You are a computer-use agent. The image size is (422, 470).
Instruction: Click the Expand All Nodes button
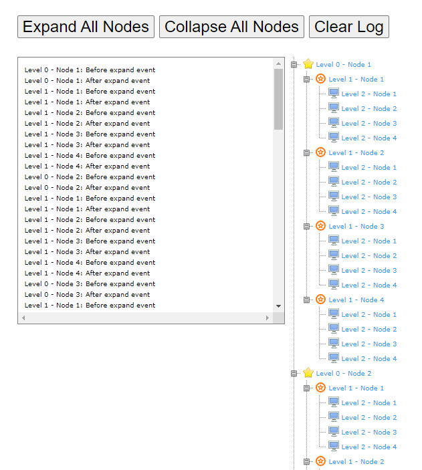pyautogui.click(x=86, y=27)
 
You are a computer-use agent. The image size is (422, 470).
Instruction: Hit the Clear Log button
pyautogui.click(x=349, y=27)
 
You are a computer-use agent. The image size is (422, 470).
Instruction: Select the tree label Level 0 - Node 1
pyautogui.click(x=344, y=64)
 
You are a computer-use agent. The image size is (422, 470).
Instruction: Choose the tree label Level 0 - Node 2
pyautogui.click(x=344, y=373)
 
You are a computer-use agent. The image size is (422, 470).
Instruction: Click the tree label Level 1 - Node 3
pyautogui.click(x=356, y=226)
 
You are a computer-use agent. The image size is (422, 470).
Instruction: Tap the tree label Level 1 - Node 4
pyautogui.click(x=356, y=300)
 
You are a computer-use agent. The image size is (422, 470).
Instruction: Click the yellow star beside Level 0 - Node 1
pyautogui.click(x=308, y=64)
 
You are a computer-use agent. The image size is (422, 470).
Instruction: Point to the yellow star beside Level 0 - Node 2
pyautogui.click(x=308, y=372)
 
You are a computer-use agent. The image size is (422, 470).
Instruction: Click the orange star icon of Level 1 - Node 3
pyautogui.click(x=320, y=226)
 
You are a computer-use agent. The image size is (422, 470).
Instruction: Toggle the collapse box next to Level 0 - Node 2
pyautogui.click(x=294, y=374)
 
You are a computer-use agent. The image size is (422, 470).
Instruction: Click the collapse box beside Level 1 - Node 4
pyautogui.click(x=306, y=300)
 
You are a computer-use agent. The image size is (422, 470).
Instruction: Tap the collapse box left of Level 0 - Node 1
pyautogui.click(x=294, y=65)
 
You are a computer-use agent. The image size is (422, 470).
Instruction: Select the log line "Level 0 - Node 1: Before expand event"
pyautogui.click(x=90, y=70)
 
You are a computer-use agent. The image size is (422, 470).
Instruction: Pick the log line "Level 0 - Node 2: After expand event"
pyautogui.click(x=87, y=188)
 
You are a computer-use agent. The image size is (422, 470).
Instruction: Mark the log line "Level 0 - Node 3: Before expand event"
pyautogui.click(x=90, y=284)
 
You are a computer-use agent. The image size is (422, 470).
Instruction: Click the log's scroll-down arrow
pyautogui.click(x=278, y=306)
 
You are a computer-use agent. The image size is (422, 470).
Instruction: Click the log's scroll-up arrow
pyautogui.click(x=278, y=64)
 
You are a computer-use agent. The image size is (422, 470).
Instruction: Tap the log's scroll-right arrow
pyautogui.click(x=268, y=318)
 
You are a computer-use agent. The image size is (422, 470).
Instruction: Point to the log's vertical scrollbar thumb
pyautogui.click(x=278, y=99)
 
